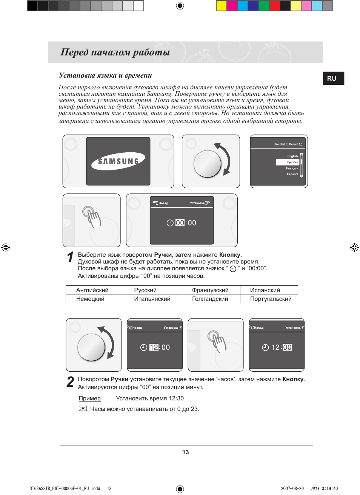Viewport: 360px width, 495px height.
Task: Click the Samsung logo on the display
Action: (x=118, y=162)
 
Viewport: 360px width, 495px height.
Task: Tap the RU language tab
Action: (x=332, y=78)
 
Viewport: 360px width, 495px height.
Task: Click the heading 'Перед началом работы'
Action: (x=115, y=52)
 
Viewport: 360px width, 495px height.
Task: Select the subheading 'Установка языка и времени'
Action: (x=105, y=75)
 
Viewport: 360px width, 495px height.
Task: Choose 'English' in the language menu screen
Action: (x=292, y=156)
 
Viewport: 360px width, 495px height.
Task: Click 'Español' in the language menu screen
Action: (x=292, y=174)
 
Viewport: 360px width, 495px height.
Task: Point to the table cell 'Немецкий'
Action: (x=90, y=299)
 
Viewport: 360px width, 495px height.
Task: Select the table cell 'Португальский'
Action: (x=271, y=299)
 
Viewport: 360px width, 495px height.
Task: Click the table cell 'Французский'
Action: (x=210, y=290)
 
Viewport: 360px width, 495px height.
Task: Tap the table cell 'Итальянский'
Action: (x=152, y=299)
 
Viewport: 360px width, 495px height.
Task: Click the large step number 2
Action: (x=70, y=382)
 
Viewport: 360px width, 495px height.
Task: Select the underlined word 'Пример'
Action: (x=89, y=398)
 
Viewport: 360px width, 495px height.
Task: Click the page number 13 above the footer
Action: (x=185, y=452)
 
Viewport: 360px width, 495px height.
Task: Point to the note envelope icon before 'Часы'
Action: (x=83, y=408)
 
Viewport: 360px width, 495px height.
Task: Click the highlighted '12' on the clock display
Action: (x=154, y=347)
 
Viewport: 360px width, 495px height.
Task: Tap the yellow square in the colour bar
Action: (x=221, y=6)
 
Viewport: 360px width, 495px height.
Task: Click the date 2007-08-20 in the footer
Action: (x=292, y=488)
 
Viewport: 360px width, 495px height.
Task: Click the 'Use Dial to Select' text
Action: (x=285, y=144)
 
